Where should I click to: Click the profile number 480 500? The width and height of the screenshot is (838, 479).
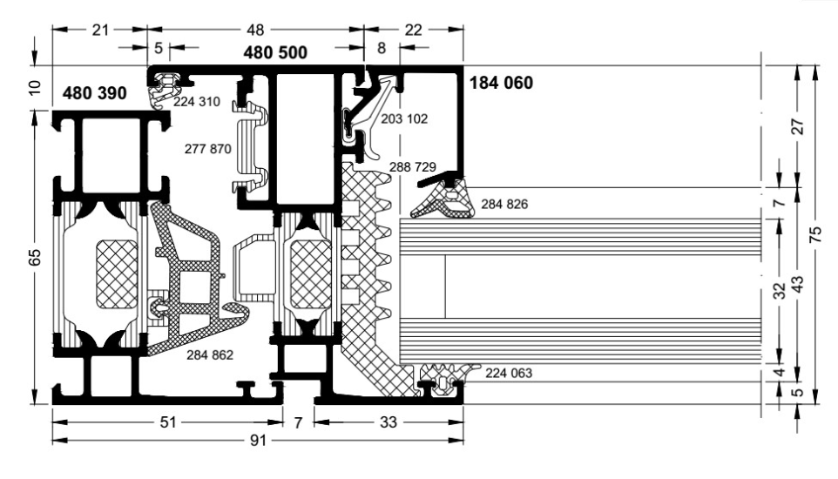click(x=275, y=52)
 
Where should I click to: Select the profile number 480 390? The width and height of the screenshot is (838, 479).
click(x=95, y=93)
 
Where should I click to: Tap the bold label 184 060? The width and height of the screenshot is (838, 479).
click(x=501, y=83)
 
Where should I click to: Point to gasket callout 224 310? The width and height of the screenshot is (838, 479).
click(x=197, y=102)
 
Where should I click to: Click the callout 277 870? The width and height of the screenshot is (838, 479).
click(x=208, y=149)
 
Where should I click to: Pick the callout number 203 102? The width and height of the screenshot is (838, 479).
click(x=404, y=118)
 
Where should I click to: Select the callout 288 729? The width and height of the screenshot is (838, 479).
click(x=413, y=167)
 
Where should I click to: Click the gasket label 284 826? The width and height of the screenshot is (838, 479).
click(x=504, y=204)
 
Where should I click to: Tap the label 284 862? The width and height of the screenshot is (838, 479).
click(x=210, y=354)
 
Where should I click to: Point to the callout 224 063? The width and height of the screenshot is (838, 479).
click(x=509, y=373)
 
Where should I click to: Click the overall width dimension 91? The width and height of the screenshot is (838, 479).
click(x=258, y=440)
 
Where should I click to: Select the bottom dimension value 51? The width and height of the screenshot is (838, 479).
click(x=168, y=422)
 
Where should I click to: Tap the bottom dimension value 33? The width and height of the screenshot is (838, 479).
click(x=389, y=422)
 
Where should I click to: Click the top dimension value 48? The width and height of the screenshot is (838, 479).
click(x=255, y=30)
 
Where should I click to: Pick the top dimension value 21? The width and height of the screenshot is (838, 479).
click(x=100, y=30)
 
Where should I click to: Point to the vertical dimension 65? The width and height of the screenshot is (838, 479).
click(x=34, y=257)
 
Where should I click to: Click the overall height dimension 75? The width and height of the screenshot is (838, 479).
click(x=815, y=235)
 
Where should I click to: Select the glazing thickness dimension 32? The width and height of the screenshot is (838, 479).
click(x=780, y=290)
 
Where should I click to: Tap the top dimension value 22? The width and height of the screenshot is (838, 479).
click(x=413, y=30)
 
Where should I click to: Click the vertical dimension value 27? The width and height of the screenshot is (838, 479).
click(x=797, y=126)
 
